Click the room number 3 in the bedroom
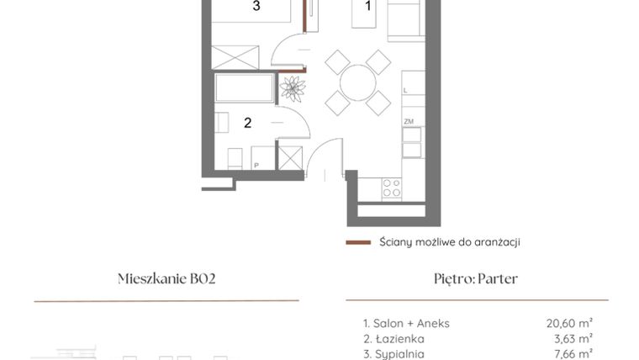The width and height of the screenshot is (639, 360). [x=256, y=7]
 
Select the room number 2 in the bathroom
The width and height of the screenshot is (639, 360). [x=247, y=123]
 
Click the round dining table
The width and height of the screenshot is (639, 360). [x=358, y=82]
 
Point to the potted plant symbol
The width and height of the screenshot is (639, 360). [x=293, y=87]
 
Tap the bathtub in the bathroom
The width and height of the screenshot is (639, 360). [x=246, y=88]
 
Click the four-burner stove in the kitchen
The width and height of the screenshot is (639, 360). [x=392, y=188]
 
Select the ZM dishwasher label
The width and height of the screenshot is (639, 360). [x=409, y=122]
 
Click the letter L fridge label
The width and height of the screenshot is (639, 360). [x=405, y=90]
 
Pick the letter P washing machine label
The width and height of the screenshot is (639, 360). [x=256, y=166]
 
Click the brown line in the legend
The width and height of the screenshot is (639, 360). [x=358, y=242]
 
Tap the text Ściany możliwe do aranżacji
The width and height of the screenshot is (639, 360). [x=449, y=242]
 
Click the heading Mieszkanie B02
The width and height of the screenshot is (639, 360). [x=166, y=279]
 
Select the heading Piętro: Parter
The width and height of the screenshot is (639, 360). [x=476, y=279]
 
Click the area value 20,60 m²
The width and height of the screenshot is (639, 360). [x=569, y=323]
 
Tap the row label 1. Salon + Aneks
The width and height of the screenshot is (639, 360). [x=407, y=323]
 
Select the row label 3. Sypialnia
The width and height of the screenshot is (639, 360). [x=393, y=354]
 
